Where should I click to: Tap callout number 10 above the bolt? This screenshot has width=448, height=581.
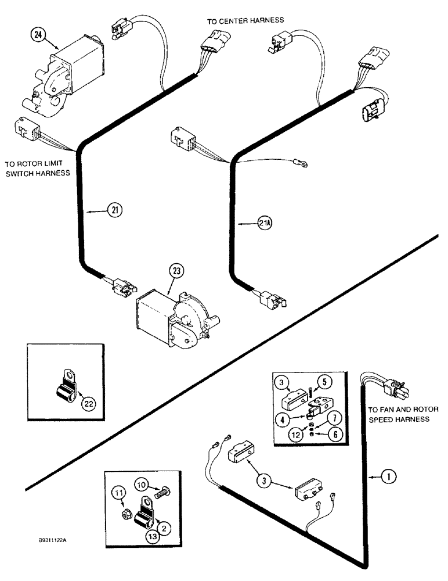143,483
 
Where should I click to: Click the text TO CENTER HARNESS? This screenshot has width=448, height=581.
245,20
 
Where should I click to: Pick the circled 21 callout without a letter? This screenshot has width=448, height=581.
114,210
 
